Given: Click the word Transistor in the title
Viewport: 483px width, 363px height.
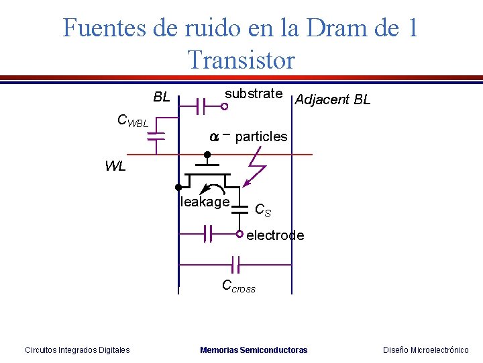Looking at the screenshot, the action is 241,60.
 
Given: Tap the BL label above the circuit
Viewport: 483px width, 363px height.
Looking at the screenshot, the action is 162,97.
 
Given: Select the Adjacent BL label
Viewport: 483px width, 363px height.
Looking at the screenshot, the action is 333,100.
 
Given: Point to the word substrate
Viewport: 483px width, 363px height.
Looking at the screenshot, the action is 254,93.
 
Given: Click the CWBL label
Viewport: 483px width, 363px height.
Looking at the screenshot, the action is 132,121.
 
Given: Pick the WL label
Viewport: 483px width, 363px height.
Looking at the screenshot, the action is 115,167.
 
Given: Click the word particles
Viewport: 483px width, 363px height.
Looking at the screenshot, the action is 261,136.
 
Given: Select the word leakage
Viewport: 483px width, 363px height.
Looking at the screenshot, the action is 205,202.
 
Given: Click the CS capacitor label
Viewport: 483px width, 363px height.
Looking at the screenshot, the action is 263,210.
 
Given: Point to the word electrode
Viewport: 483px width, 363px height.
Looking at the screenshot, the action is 275,235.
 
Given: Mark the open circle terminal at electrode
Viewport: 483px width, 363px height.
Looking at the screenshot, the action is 239,234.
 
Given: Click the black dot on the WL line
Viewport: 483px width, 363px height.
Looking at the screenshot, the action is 207,155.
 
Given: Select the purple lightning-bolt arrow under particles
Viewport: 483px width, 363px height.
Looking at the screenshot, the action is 254,169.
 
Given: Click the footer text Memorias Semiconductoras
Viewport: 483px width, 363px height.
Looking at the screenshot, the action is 254,350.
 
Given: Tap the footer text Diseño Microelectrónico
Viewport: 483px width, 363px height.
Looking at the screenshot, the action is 425,350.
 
